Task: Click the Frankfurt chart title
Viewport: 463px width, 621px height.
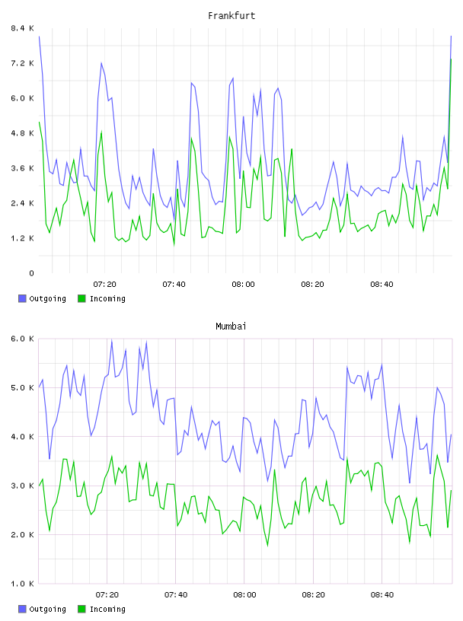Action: pos(231,16)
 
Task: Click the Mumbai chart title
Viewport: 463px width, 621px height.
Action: pos(231,326)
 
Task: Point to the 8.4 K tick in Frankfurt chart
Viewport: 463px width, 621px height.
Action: pos(22,28)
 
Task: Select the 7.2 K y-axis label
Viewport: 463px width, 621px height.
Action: pos(22,63)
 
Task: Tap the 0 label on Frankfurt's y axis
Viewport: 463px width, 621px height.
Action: pos(31,273)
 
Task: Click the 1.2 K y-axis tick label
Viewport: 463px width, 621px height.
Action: pos(22,238)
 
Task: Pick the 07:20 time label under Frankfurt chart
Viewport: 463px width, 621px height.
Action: pos(104,285)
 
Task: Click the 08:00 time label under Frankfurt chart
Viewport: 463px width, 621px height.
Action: pos(243,285)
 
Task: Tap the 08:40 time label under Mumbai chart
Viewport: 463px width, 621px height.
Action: pos(382,595)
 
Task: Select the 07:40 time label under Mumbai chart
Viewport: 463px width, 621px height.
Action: pos(176,595)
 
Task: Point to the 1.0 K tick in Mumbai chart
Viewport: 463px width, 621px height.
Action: pos(22,584)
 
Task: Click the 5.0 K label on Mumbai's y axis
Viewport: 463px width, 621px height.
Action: pos(22,387)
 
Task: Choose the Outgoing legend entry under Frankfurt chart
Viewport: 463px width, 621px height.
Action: pos(43,298)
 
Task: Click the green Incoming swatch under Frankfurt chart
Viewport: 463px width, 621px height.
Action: pos(81,298)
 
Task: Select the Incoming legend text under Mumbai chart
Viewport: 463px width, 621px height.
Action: pos(107,609)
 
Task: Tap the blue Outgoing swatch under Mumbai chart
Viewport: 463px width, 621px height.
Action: pos(22,609)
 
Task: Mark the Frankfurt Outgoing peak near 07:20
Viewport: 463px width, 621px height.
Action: pos(101,63)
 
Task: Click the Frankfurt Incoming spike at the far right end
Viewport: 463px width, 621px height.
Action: pos(451,59)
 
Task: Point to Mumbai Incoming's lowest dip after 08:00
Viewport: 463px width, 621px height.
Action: pos(267,546)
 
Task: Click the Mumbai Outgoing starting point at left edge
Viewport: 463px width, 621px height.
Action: pos(40,387)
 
